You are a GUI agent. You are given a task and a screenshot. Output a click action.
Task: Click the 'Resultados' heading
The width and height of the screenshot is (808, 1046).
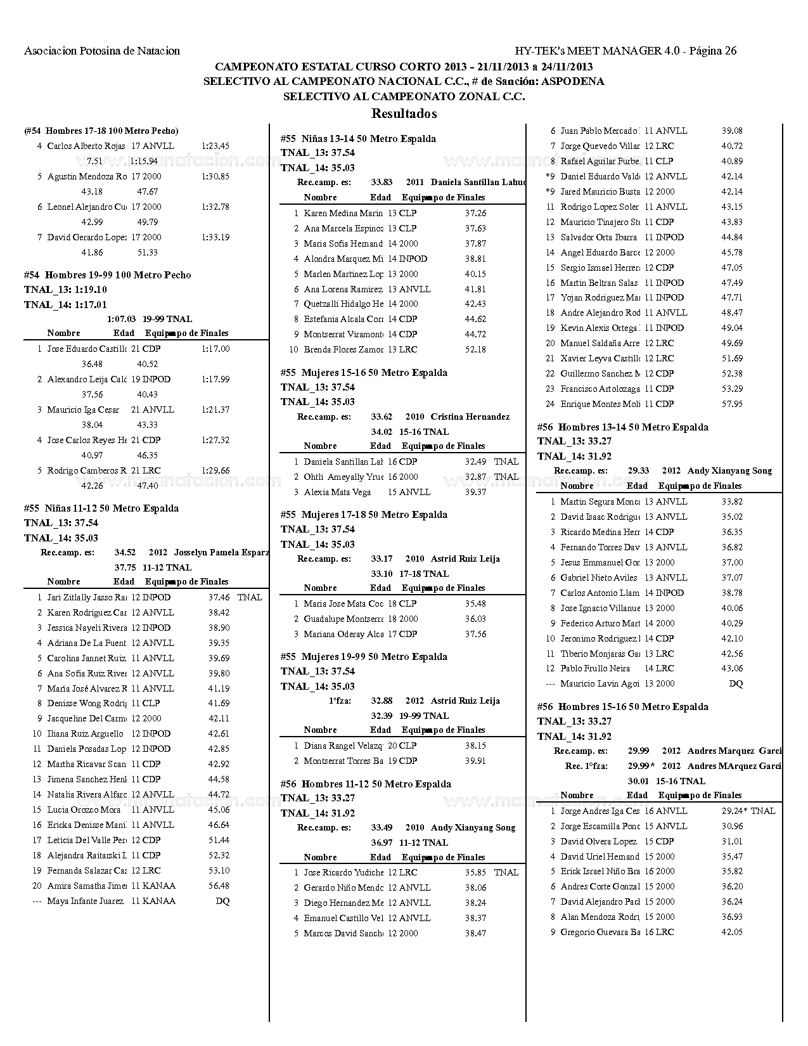coord(404,113)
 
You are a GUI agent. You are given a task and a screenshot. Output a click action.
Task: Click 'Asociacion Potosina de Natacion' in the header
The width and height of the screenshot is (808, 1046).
coord(102,51)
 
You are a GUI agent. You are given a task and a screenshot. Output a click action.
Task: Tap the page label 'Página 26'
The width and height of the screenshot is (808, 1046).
coord(712,51)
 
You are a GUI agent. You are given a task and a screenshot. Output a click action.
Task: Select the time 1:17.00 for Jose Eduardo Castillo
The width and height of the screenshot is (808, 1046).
coord(215,349)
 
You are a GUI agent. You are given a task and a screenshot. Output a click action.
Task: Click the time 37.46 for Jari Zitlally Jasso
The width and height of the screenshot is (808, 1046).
coord(219,597)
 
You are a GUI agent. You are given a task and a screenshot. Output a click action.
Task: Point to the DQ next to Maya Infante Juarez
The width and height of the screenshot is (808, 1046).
coord(222,901)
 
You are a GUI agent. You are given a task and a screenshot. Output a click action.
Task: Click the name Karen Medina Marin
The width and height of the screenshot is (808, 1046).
coord(343,214)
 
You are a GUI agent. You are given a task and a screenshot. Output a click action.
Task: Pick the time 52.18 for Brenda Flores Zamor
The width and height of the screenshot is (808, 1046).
coord(475,349)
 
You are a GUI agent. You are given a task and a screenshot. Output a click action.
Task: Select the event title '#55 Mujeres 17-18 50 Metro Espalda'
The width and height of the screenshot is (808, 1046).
coord(364,514)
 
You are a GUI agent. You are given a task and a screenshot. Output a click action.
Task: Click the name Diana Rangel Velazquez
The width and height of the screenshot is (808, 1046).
coord(343,746)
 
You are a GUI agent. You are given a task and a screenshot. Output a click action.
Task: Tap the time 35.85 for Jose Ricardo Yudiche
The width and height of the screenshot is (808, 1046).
coord(475,872)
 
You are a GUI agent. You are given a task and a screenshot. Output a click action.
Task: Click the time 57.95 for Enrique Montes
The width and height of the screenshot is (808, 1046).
coord(732,404)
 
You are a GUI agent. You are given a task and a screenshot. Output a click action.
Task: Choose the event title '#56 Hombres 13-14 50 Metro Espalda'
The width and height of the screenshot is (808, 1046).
coord(622,427)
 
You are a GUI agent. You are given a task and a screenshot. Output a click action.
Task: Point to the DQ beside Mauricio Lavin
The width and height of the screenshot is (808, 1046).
coord(736,683)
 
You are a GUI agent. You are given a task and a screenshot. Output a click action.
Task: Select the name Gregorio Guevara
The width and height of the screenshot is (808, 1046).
coord(600,932)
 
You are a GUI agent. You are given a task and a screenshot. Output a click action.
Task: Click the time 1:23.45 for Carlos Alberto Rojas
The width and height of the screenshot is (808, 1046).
coord(215,146)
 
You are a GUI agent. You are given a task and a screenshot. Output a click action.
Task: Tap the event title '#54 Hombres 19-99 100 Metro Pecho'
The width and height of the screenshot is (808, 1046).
coord(107,274)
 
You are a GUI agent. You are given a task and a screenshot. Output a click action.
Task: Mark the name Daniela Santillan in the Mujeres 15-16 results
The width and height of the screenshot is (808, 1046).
coord(343,462)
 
